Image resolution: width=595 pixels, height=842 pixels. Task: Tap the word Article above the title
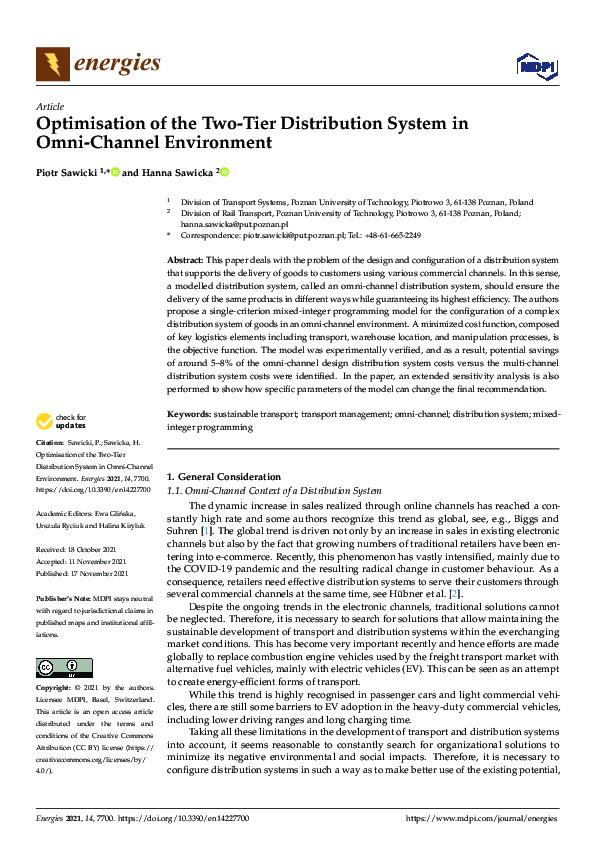click(x=49, y=106)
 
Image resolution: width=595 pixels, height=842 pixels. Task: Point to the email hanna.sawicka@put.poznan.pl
click(x=229, y=225)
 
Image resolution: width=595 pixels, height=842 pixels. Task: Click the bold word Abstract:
click(x=186, y=259)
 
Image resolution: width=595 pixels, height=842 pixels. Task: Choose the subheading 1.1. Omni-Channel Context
click(x=273, y=491)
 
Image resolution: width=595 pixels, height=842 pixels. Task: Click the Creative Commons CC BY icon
click(x=64, y=668)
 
